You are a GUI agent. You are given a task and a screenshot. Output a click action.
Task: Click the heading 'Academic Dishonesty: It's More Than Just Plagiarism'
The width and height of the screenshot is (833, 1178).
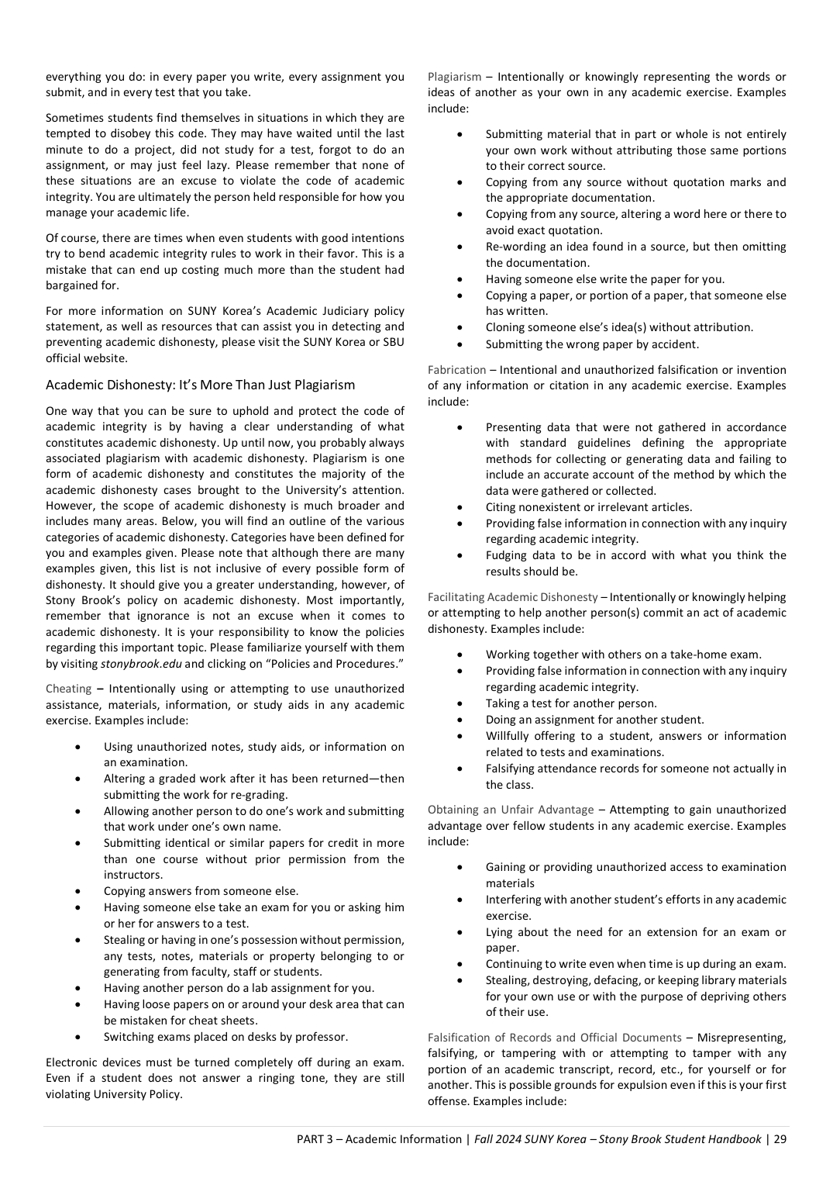[x=200, y=385]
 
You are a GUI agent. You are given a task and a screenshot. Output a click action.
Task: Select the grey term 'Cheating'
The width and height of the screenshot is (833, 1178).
[x=68, y=689]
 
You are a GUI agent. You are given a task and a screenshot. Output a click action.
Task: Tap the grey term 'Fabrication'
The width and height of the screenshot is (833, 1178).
[x=456, y=370]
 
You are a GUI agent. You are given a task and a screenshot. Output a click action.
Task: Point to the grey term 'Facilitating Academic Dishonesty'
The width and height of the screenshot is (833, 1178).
[x=512, y=597]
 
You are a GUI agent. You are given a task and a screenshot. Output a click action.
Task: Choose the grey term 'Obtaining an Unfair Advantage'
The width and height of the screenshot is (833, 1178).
[x=511, y=810]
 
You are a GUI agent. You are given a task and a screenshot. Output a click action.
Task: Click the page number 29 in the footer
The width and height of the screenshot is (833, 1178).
[x=780, y=1139]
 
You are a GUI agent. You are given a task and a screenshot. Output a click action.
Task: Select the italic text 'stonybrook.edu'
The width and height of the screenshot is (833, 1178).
[x=141, y=664]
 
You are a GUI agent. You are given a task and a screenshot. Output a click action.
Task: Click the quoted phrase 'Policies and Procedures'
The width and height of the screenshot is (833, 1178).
[x=334, y=664]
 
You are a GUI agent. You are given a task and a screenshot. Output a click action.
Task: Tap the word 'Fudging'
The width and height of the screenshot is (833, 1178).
[x=508, y=555]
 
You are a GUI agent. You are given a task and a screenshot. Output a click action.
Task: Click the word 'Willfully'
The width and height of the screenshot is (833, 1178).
[x=510, y=736]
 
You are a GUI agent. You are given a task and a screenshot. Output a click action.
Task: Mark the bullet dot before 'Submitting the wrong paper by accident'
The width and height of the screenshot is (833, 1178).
[x=460, y=344]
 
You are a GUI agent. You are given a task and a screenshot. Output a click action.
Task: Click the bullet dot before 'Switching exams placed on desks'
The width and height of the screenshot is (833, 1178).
[x=78, y=1037]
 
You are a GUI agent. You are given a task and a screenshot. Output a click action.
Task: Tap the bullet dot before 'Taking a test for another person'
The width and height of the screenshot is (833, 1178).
[x=460, y=703]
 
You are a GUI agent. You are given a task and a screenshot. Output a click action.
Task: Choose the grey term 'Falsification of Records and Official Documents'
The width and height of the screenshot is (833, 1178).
[x=554, y=1038]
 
